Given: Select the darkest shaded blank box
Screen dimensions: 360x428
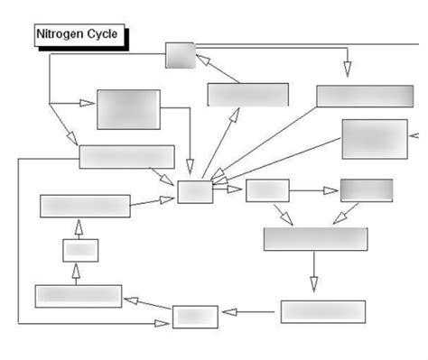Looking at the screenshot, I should coord(366,189).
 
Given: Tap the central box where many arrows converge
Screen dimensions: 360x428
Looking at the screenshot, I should coord(195,191).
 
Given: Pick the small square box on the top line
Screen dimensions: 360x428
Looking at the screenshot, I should coord(180,55).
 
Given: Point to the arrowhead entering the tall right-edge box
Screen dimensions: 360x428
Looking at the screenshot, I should coord(416,136).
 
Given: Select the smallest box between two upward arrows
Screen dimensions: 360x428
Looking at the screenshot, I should coord(79,251).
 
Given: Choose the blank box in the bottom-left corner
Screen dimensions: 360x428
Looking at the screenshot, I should coord(78,295).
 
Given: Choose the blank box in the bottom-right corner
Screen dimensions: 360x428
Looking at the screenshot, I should coord(322,311).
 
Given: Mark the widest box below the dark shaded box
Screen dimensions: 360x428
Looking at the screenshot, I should coord(314,238).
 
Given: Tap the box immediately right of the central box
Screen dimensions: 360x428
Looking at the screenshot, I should coord(266,190).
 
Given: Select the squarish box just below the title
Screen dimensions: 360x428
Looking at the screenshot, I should coord(128,109).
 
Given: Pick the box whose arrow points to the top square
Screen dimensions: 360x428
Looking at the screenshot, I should coord(247,95).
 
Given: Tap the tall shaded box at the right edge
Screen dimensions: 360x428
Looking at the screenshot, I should coord(374,139).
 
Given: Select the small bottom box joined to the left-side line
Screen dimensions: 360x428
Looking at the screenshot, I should coord(195,317).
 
